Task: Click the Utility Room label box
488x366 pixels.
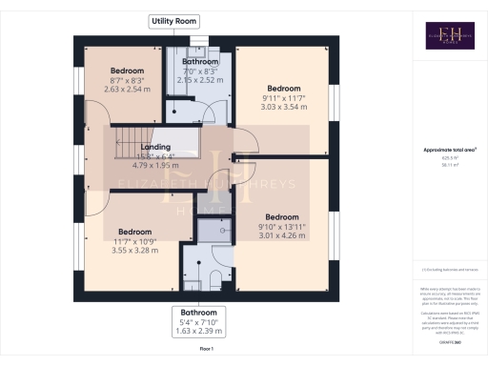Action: pyautogui.click(x=173, y=20)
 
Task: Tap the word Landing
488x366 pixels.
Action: pyautogui.click(x=154, y=148)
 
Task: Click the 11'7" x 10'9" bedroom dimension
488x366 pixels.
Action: pyautogui.click(x=134, y=242)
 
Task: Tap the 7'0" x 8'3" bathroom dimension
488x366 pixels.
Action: pyautogui.click(x=201, y=71)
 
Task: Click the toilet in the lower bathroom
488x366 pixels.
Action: pyautogui.click(x=216, y=277)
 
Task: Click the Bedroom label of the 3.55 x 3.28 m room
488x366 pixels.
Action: pyautogui.click(x=134, y=232)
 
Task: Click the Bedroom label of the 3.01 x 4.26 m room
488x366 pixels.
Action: pyautogui.click(x=282, y=216)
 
